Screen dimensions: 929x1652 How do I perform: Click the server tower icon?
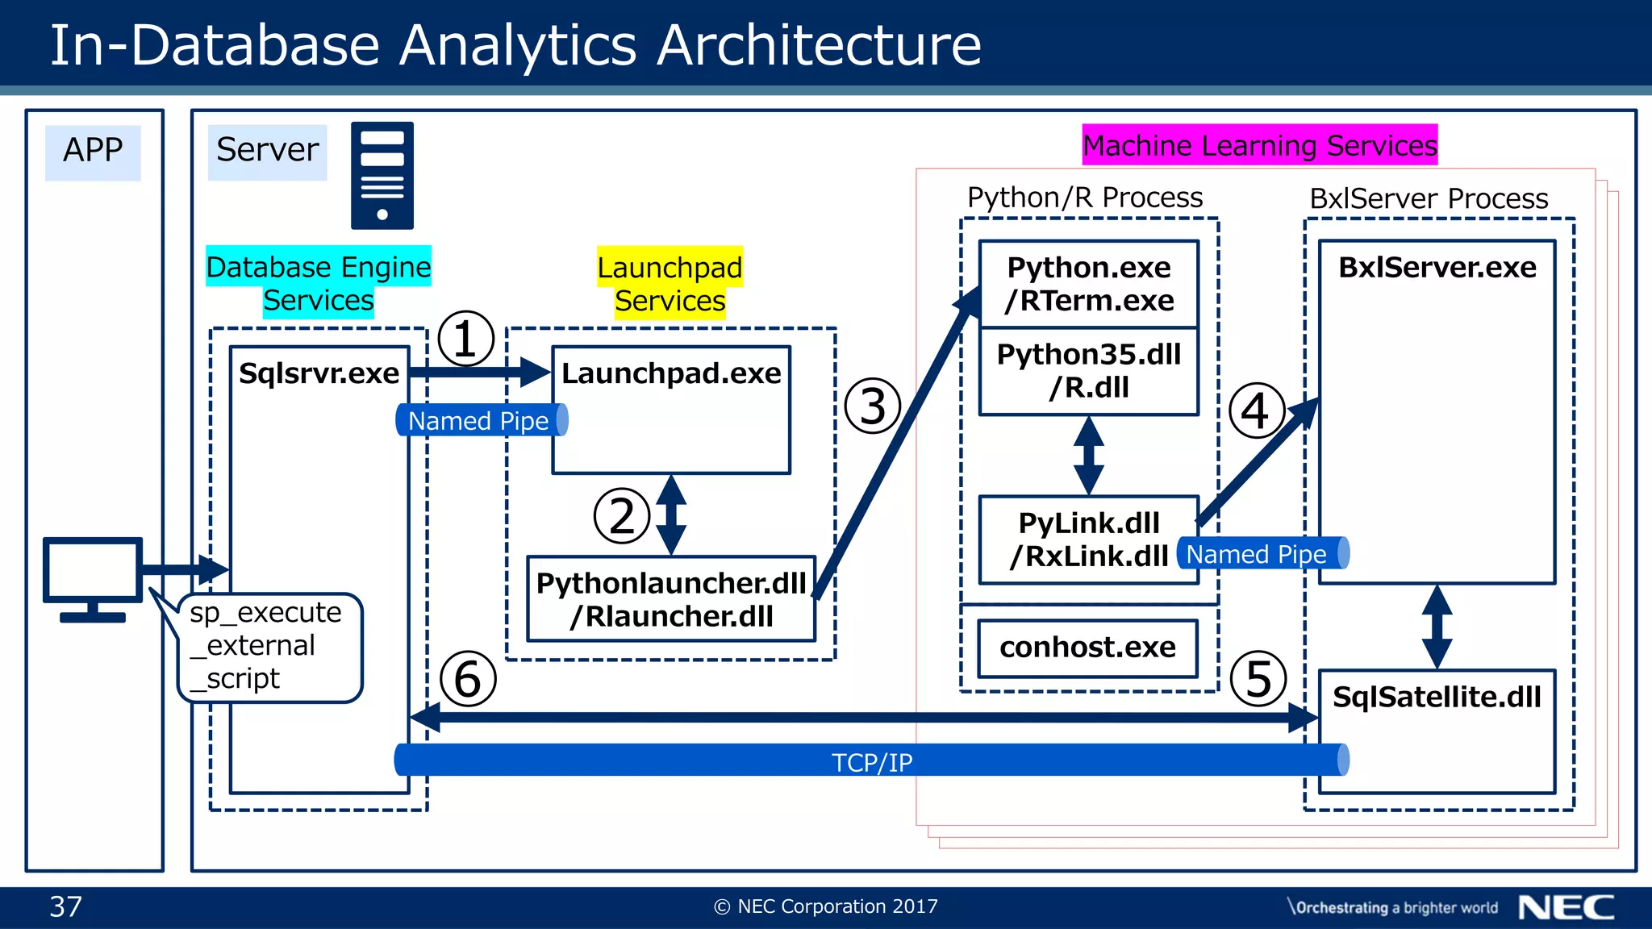[x=382, y=175]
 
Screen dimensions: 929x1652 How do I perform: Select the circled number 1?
[x=465, y=339]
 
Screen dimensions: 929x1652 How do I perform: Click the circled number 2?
[x=621, y=516]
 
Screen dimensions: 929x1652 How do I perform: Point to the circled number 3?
[x=872, y=406]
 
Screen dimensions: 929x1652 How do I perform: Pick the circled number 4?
[x=1255, y=410]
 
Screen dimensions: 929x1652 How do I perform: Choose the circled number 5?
[x=1258, y=679]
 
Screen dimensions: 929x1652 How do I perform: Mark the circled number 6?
[x=468, y=679]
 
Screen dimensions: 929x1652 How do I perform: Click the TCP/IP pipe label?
[x=871, y=761]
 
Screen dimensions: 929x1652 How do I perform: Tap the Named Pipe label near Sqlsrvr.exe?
[x=479, y=420]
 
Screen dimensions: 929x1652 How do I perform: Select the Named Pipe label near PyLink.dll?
[x=1258, y=554]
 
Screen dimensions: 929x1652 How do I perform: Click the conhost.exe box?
[x=1087, y=648]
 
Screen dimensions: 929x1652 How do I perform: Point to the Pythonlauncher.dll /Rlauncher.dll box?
[x=671, y=599]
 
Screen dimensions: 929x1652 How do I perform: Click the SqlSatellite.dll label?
[x=1436, y=697]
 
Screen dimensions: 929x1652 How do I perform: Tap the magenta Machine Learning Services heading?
[x=1259, y=145]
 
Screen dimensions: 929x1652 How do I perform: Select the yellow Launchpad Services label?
[x=670, y=284]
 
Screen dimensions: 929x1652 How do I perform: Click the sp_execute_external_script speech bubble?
[x=267, y=646]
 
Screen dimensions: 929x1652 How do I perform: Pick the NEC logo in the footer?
[x=1566, y=907]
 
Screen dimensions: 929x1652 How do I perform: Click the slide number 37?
[x=65, y=906]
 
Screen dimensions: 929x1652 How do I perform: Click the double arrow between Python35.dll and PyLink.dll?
[x=1088, y=456]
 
